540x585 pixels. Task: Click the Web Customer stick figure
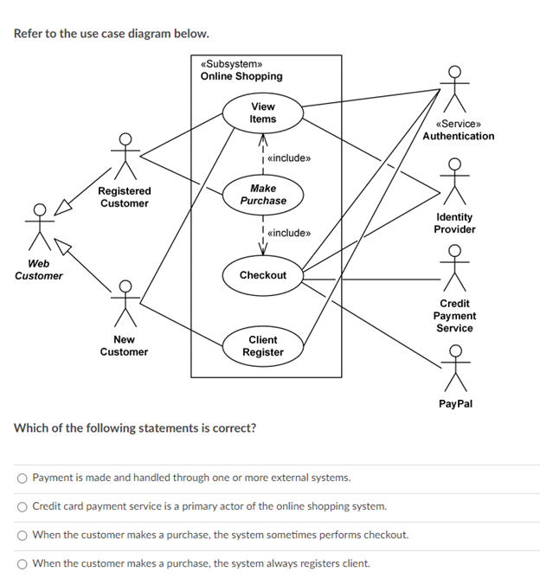[40, 227]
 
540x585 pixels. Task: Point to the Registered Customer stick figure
[125, 156]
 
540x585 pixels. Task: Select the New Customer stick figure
[125, 304]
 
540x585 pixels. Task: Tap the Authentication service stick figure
[454, 89]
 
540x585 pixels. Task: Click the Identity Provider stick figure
[454, 182]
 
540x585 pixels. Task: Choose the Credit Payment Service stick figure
[454, 268]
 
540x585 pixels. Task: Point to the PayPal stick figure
[455, 369]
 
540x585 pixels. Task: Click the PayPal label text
[455, 403]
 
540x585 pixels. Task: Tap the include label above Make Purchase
[289, 158]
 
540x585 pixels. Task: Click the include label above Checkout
[289, 233]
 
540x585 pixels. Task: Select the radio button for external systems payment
[22, 479]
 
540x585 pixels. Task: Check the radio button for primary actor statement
[22, 506]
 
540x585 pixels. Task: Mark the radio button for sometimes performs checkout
[22, 536]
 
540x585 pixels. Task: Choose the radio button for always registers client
[22, 564]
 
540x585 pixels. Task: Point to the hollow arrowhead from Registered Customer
[62, 208]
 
